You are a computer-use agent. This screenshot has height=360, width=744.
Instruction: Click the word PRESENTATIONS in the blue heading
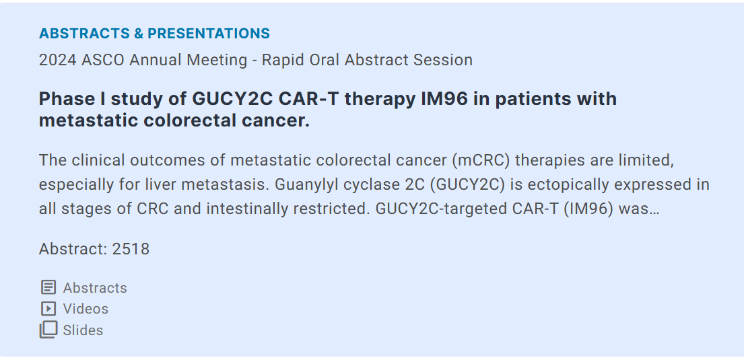pos(208,33)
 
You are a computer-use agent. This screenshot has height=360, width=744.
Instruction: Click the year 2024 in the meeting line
pos(57,61)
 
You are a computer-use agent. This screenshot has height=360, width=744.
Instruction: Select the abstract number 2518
pos(131,249)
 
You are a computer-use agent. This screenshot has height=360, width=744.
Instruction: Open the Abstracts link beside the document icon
pos(95,288)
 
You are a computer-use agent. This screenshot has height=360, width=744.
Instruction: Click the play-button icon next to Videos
pos(48,309)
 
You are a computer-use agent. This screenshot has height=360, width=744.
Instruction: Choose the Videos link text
pos(86,309)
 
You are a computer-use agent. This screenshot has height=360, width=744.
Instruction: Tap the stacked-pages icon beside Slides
pos(48,330)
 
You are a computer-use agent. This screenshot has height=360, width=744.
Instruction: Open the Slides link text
pos(83,330)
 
